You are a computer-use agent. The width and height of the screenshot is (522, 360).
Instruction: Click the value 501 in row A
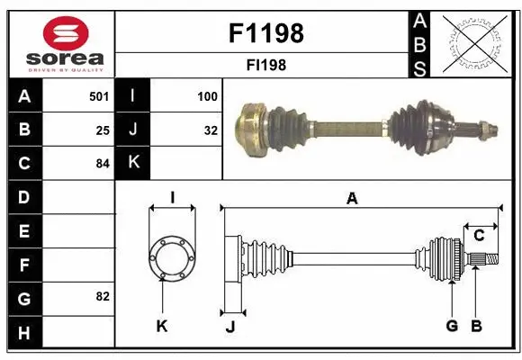[99, 95]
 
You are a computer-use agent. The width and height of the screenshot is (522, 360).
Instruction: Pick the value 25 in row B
[103, 130]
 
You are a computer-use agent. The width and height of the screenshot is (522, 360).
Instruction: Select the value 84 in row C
[103, 163]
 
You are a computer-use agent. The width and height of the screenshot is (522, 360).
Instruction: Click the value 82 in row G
[103, 296]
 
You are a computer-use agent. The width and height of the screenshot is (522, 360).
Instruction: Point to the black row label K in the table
[133, 163]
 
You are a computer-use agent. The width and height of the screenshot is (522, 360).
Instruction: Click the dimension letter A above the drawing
[352, 199]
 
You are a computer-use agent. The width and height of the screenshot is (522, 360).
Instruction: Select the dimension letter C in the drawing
[479, 236]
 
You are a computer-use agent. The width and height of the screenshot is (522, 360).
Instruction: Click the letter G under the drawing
[452, 325]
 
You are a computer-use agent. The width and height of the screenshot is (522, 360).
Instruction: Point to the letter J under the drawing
[229, 327]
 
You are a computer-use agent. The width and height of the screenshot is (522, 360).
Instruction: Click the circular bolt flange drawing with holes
[171, 258]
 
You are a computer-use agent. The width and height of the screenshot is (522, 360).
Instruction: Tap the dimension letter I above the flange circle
[171, 197]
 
